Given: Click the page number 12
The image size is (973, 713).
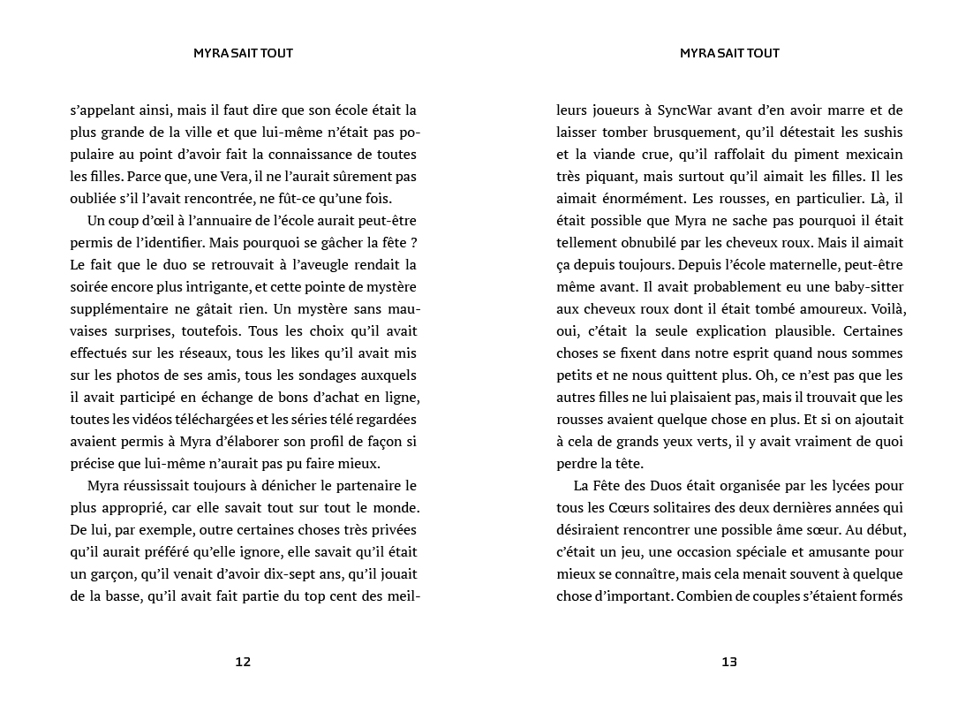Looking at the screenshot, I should pos(244,662).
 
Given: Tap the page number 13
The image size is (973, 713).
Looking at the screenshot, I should pos(729,662).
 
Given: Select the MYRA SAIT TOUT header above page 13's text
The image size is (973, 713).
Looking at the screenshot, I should pos(729,53).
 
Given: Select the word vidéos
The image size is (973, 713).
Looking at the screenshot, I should pos(156,420).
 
